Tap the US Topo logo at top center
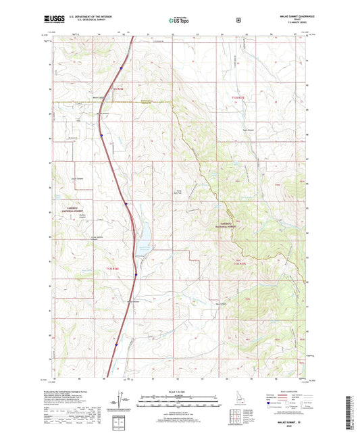[179, 21]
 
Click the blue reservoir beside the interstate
[143, 237]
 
